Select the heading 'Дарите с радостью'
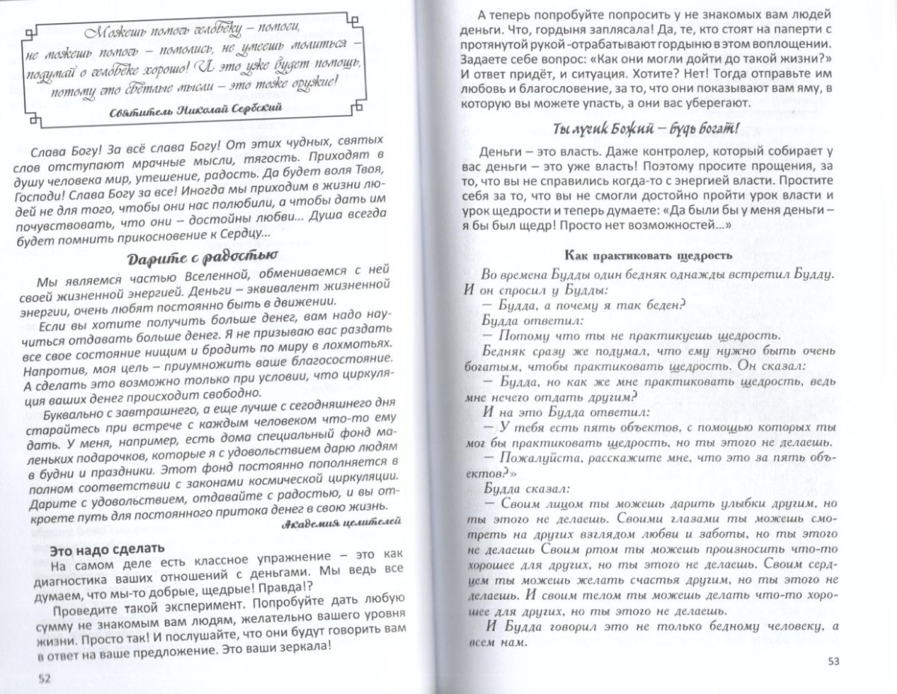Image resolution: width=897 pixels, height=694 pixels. [193, 260]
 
